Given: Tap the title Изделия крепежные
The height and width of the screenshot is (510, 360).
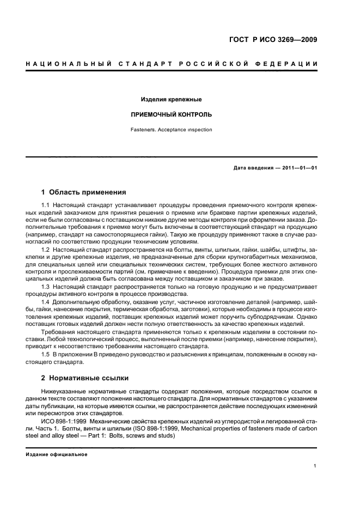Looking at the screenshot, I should click(172, 100).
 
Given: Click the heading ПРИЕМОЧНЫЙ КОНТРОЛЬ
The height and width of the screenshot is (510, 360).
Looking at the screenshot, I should click(172, 115).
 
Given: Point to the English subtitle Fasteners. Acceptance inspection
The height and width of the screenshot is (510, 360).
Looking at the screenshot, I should click(172, 130).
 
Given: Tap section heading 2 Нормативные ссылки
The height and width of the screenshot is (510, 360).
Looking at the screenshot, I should click(86, 378).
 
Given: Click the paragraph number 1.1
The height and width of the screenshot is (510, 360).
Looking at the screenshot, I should click(46, 204).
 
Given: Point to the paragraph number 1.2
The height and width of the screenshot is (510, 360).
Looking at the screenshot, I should click(46, 248).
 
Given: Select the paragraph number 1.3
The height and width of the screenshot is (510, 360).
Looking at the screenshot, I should click(46, 286).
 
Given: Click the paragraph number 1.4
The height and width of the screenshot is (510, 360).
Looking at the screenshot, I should click(46, 301).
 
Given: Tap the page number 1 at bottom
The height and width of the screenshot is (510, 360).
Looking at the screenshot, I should click(315, 466).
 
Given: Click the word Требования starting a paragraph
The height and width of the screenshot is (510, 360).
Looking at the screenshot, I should click(59, 331).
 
